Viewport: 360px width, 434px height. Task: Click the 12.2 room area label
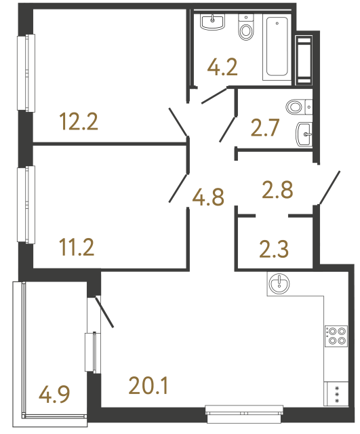(79, 122)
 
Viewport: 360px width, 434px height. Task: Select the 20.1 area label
(148, 387)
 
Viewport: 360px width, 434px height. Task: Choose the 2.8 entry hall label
(277, 190)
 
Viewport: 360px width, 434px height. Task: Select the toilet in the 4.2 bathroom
(245, 28)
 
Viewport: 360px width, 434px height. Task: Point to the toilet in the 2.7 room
(296, 107)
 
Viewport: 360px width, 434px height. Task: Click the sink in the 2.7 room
(305, 134)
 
